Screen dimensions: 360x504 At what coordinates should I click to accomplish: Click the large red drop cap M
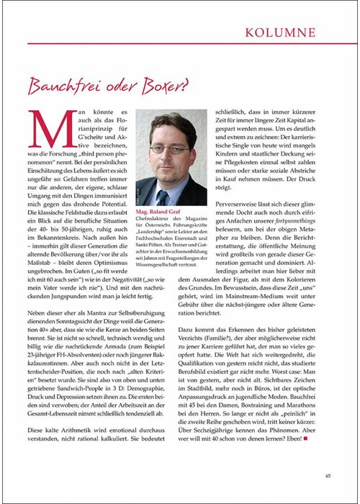(45, 128)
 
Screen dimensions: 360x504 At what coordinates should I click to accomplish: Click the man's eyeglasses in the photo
(168, 148)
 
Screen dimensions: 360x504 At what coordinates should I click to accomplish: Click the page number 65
(327, 475)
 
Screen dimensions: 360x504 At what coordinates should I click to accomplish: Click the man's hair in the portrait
(170, 122)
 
